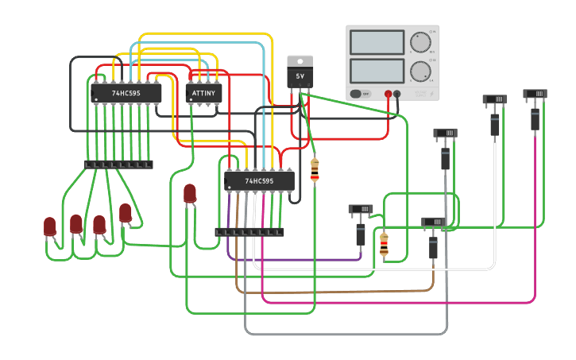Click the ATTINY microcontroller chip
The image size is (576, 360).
point(203,93)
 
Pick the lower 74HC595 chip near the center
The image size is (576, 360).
point(259,181)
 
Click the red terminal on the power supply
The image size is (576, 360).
point(388,94)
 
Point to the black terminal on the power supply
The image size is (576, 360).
point(397,94)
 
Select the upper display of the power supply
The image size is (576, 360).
point(377,42)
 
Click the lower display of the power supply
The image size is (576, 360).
point(377,71)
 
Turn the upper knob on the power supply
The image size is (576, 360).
point(419,42)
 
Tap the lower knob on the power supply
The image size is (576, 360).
point(419,71)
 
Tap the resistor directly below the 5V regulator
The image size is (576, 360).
point(315,169)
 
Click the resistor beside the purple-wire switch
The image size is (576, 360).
point(384,244)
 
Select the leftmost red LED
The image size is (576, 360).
point(50,227)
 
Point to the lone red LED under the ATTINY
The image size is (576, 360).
point(190,193)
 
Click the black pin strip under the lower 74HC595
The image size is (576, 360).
point(249,232)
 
